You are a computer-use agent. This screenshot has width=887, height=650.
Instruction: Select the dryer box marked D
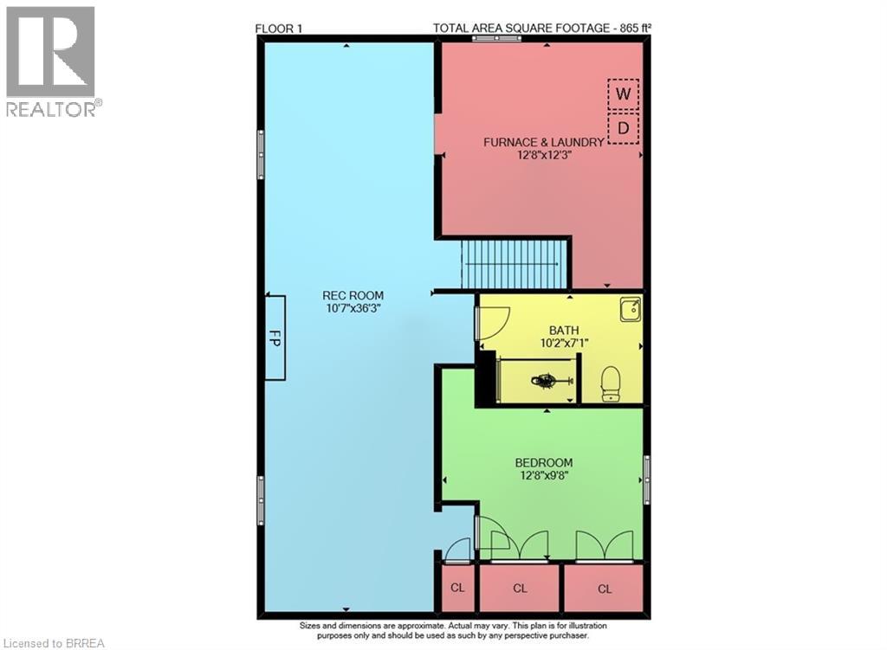623,129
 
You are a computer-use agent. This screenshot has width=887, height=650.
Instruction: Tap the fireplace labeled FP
275,337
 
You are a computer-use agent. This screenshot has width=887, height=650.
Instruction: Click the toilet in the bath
612,384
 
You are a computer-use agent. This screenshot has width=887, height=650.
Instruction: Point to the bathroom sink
630,309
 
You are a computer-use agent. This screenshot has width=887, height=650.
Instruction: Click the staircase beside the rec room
514,263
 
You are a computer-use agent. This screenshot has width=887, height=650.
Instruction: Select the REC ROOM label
353,295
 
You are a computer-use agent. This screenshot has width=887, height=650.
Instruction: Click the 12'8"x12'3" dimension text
543,156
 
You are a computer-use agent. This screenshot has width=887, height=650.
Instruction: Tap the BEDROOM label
543,462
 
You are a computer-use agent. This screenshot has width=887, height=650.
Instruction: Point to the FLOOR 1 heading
279,28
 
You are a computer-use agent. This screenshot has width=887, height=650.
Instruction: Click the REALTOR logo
52,61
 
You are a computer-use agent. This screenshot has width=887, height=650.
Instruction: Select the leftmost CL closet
457,589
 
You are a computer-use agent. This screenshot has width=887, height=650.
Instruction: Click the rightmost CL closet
604,589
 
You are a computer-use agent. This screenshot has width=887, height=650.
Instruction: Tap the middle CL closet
520,589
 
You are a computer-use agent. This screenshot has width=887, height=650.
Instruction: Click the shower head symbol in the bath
547,379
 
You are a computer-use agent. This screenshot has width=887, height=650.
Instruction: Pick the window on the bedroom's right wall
646,479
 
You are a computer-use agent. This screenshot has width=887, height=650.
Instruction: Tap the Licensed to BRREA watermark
54,641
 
